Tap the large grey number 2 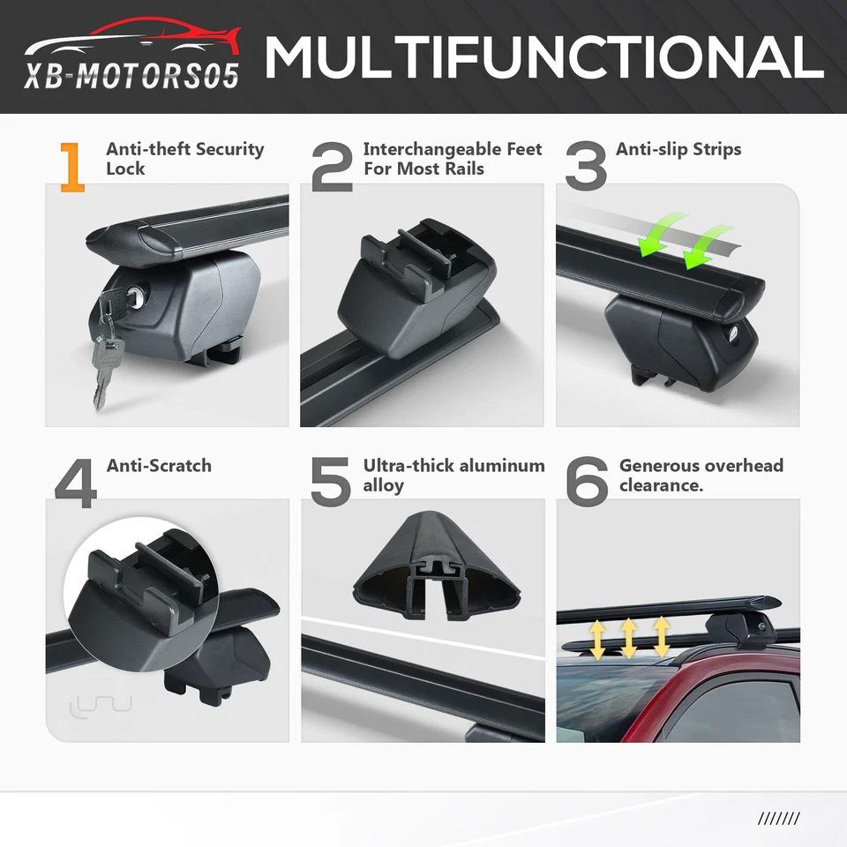[x=333, y=168]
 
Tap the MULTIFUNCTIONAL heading [x=543, y=56]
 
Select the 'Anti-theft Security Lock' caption [x=184, y=159]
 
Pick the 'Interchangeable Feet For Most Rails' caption [x=452, y=159]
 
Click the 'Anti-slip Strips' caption [x=678, y=149]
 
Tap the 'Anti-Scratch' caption [x=159, y=465]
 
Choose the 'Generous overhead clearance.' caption [x=701, y=475]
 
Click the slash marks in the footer [x=778, y=818]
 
